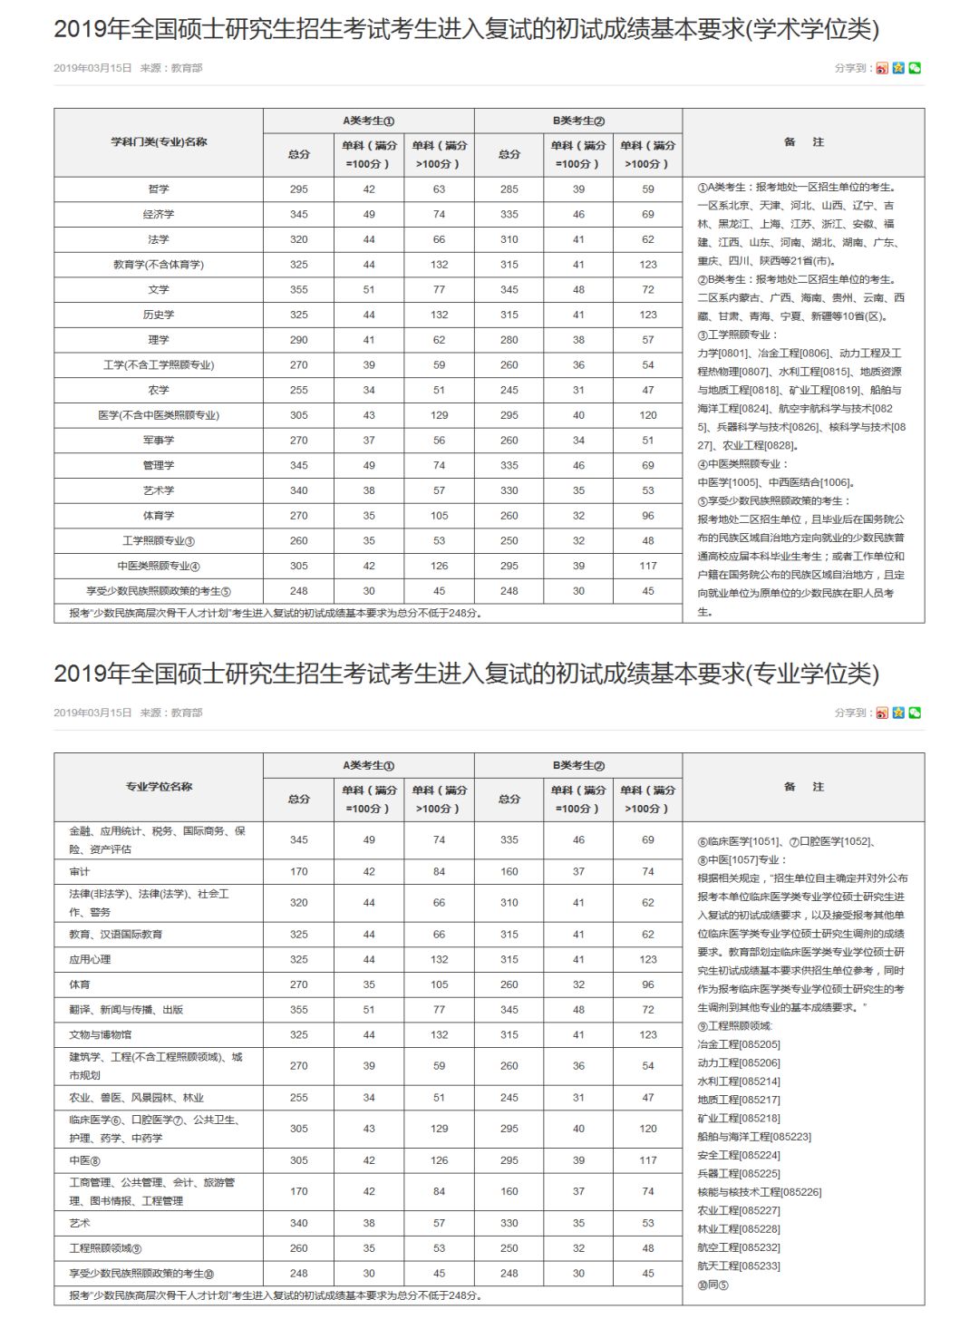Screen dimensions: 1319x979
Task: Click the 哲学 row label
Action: (x=159, y=189)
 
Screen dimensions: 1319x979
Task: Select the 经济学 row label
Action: (x=159, y=215)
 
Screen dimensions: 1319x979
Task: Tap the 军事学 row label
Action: (x=159, y=441)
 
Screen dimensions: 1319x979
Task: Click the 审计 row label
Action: (x=80, y=872)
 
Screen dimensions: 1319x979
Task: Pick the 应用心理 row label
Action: (x=90, y=959)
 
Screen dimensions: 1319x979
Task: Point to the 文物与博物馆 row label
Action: (x=100, y=1034)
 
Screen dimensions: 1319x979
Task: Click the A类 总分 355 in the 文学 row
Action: (x=299, y=290)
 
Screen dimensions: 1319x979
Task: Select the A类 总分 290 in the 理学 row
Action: (x=299, y=340)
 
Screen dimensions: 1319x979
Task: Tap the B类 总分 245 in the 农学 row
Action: (x=509, y=390)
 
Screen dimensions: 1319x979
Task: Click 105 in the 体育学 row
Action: (x=439, y=516)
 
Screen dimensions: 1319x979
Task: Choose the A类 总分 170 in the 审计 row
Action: (x=299, y=872)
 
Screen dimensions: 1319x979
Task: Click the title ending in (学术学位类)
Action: (x=466, y=29)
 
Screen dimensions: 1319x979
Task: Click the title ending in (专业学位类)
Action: (x=466, y=674)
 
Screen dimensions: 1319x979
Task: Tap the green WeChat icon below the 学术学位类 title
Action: (x=915, y=68)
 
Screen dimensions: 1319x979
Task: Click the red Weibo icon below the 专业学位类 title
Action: (x=882, y=713)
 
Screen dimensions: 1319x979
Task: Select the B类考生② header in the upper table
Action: (x=578, y=121)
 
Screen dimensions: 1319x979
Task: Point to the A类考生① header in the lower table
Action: (x=368, y=766)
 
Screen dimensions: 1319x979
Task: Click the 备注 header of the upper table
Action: (x=804, y=142)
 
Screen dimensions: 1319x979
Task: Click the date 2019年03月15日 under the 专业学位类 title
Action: (x=92, y=713)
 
